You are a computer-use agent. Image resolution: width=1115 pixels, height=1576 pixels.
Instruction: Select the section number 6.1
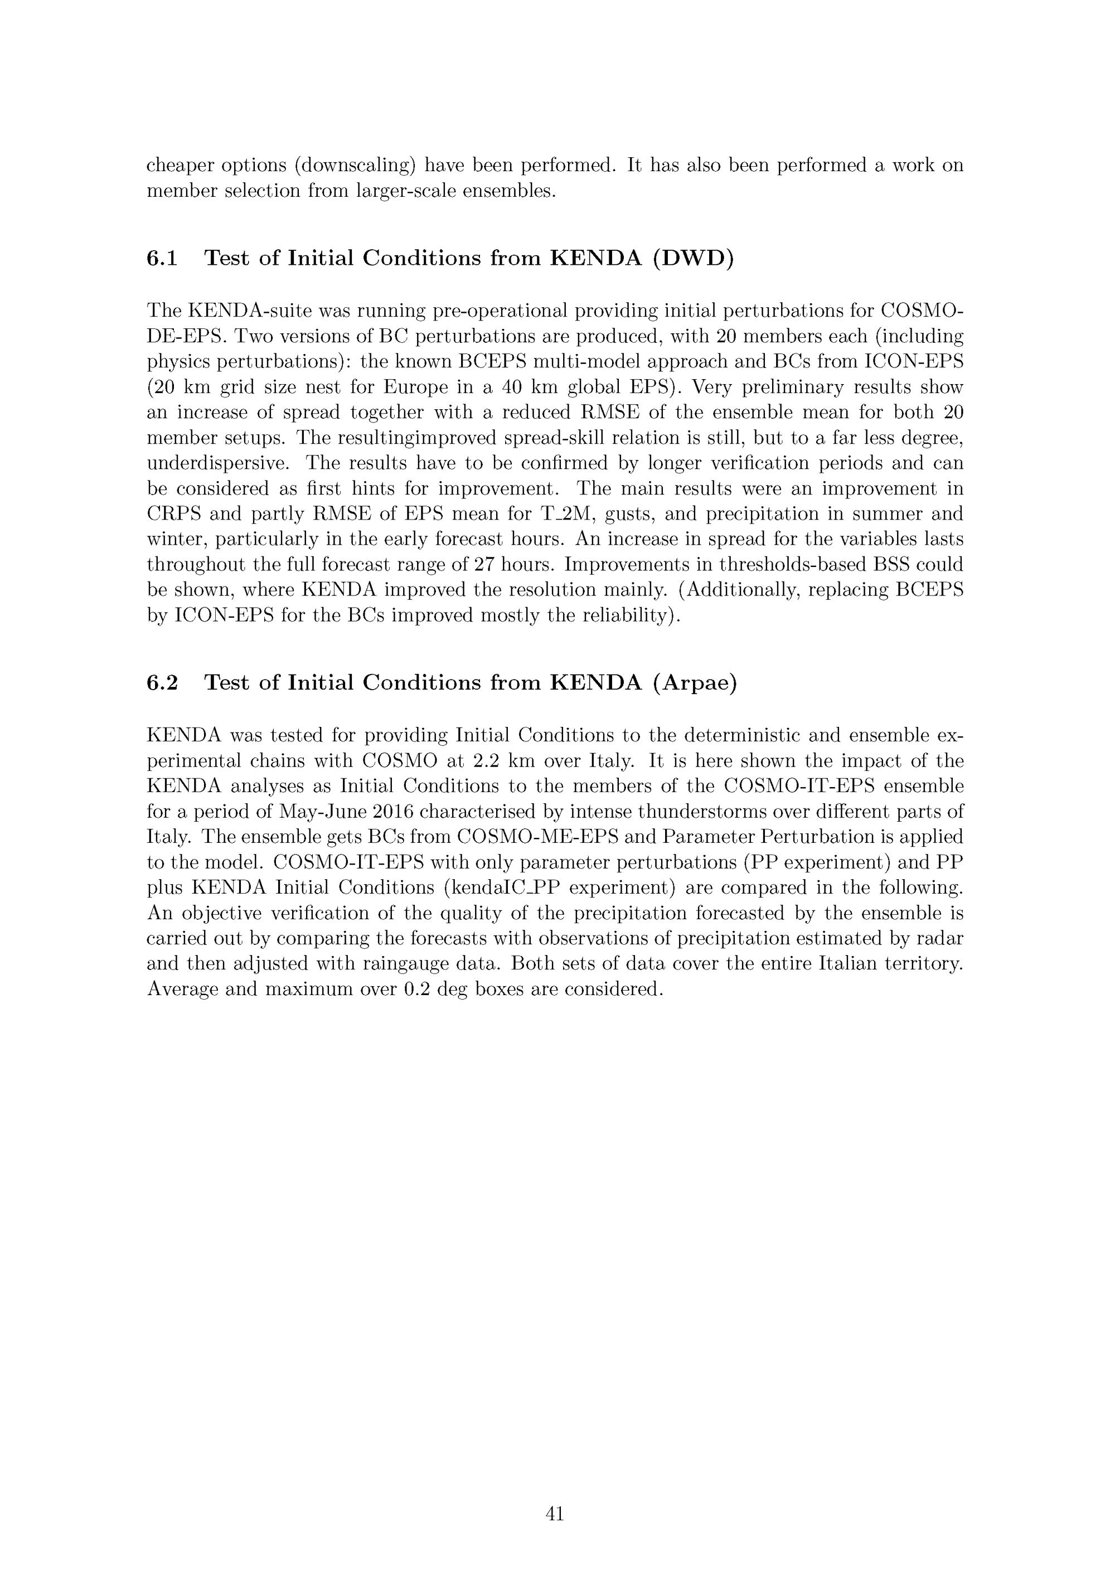tap(163, 259)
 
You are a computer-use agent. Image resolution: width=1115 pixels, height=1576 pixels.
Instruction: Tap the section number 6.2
tap(163, 683)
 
